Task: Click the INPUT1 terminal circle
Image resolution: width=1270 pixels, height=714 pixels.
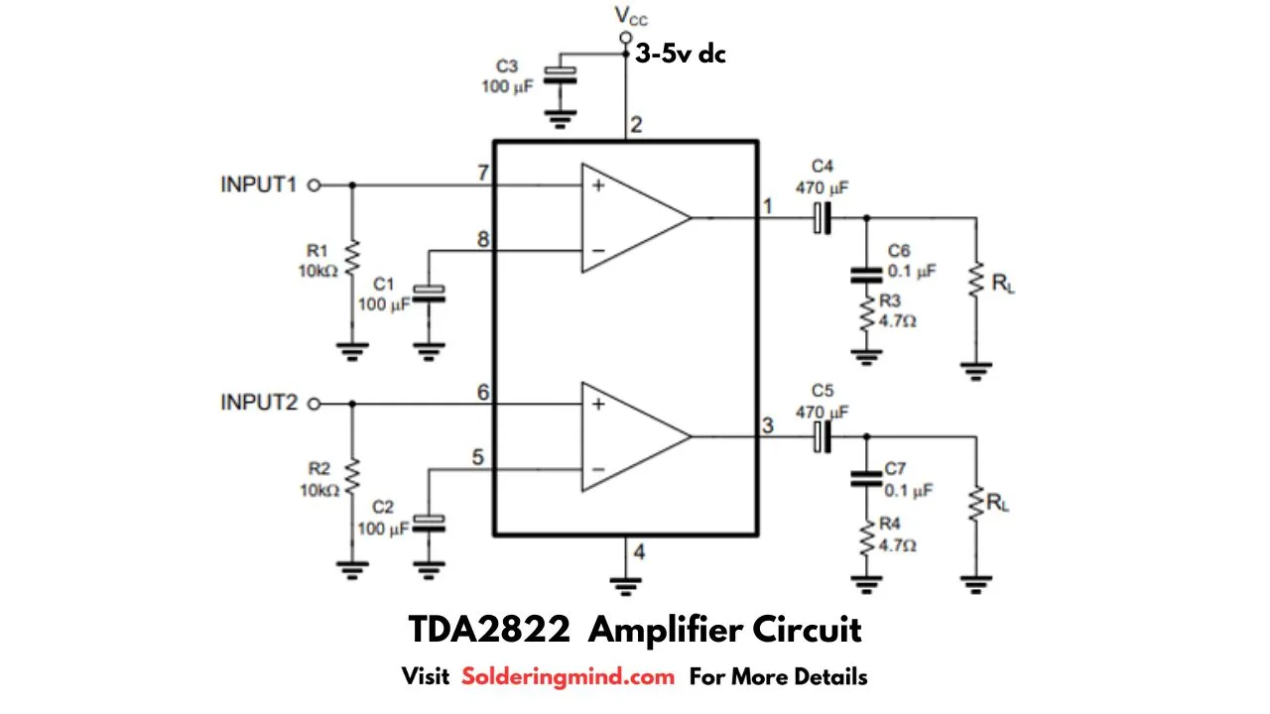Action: click(x=315, y=185)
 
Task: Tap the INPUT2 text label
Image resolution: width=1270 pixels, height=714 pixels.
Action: click(x=259, y=403)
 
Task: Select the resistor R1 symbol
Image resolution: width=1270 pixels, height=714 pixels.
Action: click(x=352, y=259)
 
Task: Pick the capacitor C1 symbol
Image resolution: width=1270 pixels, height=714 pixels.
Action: click(x=429, y=295)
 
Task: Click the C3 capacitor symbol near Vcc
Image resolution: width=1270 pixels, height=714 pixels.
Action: click(x=561, y=75)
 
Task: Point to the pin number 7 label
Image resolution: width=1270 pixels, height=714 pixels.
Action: click(x=483, y=173)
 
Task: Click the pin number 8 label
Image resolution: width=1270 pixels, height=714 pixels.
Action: click(x=483, y=239)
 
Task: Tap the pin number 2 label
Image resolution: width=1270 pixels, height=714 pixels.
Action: click(x=636, y=125)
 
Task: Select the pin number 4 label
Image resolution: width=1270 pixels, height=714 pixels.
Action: click(x=639, y=551)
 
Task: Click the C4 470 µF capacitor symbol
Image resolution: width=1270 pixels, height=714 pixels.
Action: click(x=823, y=217)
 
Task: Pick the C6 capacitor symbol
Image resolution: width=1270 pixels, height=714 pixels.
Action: click(x=866, y=276)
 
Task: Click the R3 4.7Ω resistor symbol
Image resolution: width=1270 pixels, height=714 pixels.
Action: click(x=866, y=314)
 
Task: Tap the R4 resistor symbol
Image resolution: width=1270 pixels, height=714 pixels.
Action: click(x=866, y=538)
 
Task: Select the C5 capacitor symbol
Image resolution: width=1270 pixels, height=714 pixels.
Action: click(x=823, y=437)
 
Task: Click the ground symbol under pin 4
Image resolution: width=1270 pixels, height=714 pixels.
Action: click(x=625, y=586)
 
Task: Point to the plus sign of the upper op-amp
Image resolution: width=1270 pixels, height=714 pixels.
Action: click(x=598, y=185)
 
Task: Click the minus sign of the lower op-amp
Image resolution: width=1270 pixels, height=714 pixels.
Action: click(x=598, y=469)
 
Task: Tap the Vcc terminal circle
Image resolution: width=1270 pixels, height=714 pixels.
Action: click(x=625, y=38)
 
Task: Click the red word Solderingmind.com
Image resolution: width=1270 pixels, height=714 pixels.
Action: click(x=569, y=676)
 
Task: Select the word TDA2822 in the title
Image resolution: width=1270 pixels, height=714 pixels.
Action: click(x=489, y=630)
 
